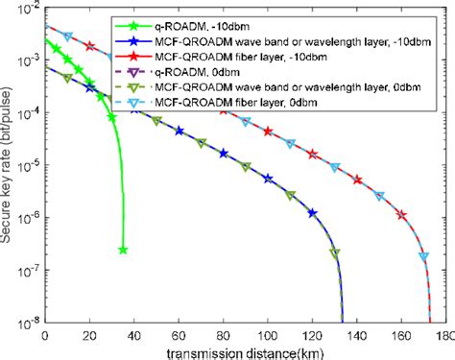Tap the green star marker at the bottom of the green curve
(123, 250)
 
